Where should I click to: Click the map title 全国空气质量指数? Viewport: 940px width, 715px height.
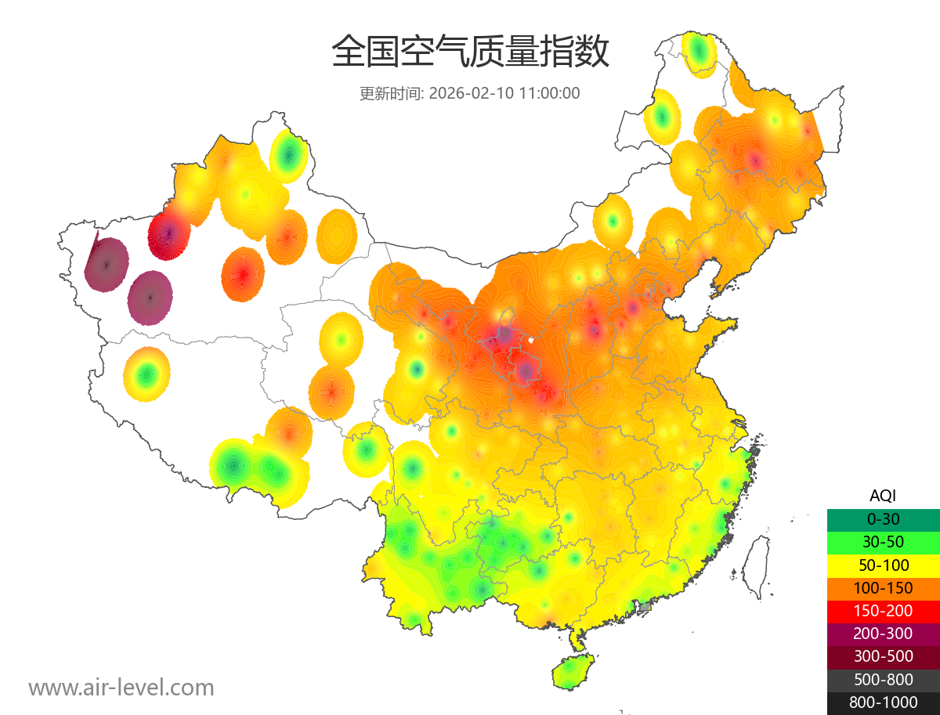pyautogui.click(x=470, y=52)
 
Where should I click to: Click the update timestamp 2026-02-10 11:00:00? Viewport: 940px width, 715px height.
pyautogui.click(x=504, y=93)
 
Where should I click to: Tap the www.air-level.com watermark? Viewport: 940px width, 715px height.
pyautogui.click(x=121, y=688)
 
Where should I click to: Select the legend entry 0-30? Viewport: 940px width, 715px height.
pyautogui.click(x=883, y=519)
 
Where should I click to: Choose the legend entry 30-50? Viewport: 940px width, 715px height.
pyautogui.click(x=883, y=542)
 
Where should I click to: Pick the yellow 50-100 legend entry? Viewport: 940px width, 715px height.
pyautogui.click(x=883, y=565)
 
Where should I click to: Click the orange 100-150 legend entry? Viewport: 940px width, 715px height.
pyautogui.click(x=883, y=588)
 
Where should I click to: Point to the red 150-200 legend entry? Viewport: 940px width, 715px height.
pyautogui.click(x=883, y=611)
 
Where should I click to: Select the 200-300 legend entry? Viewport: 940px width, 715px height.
pyautogui.click(x=883, y=634)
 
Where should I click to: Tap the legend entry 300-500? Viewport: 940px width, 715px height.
pyautogui.click(x=883, y=656)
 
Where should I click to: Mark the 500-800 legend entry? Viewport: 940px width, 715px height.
pyautogui.click(x=883, y=680)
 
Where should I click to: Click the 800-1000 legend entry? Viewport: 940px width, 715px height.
pyautogui.click(x=883, y=702)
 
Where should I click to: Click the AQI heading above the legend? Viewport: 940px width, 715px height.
pyautogui.click(x=883, y=496)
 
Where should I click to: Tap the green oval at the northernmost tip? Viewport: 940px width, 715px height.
pyautogui.click(x=699, y=52)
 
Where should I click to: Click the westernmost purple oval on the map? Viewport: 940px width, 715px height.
pyautogui.click(x=107, y=265)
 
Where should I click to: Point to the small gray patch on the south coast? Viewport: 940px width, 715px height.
pyautogui.click(x=645, y=606)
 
